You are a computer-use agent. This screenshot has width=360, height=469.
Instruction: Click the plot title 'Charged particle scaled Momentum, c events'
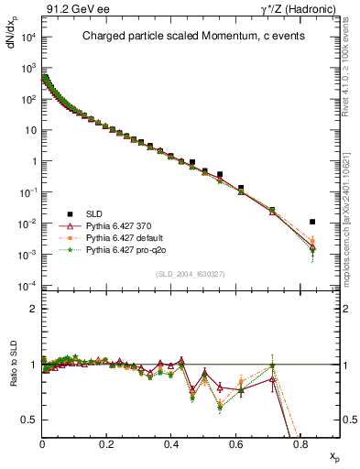(186, 38)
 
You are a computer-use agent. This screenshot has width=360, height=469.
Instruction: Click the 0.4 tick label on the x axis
(171, 443)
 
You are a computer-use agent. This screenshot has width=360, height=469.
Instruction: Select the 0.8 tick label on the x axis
(300, 443)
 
